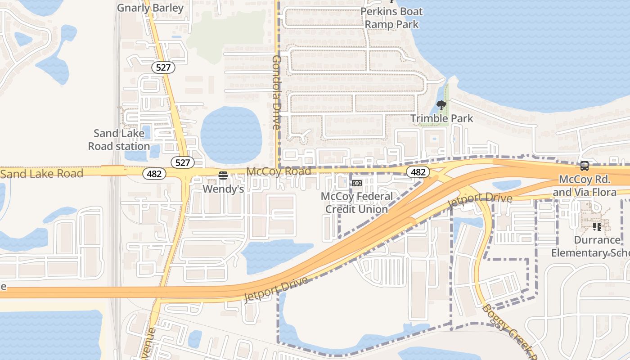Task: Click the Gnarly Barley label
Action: click(150, 8)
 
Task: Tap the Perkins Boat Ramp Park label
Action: click(391, 18)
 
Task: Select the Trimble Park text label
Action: click(441, 118)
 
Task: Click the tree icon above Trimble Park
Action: click(441, 106)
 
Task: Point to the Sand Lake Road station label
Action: click(119, 139)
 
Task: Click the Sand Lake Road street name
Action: click(42, 174)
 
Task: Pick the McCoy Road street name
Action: click(279, 171)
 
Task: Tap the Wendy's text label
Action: click(223, 189)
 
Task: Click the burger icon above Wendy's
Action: click(223, 175)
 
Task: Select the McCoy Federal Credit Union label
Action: click(357, 202)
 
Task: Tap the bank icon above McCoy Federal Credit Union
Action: click(357, 183)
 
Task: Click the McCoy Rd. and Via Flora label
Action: click(585, 186)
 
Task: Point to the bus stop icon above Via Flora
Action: click(585, 166)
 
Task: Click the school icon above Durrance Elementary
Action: click(597, 226)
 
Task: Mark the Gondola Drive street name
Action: click(276, 92)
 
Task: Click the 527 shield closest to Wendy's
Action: click(183, 162)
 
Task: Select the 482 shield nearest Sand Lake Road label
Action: click(154, 174)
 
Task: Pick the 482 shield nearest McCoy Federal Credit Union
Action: click(418, 172)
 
